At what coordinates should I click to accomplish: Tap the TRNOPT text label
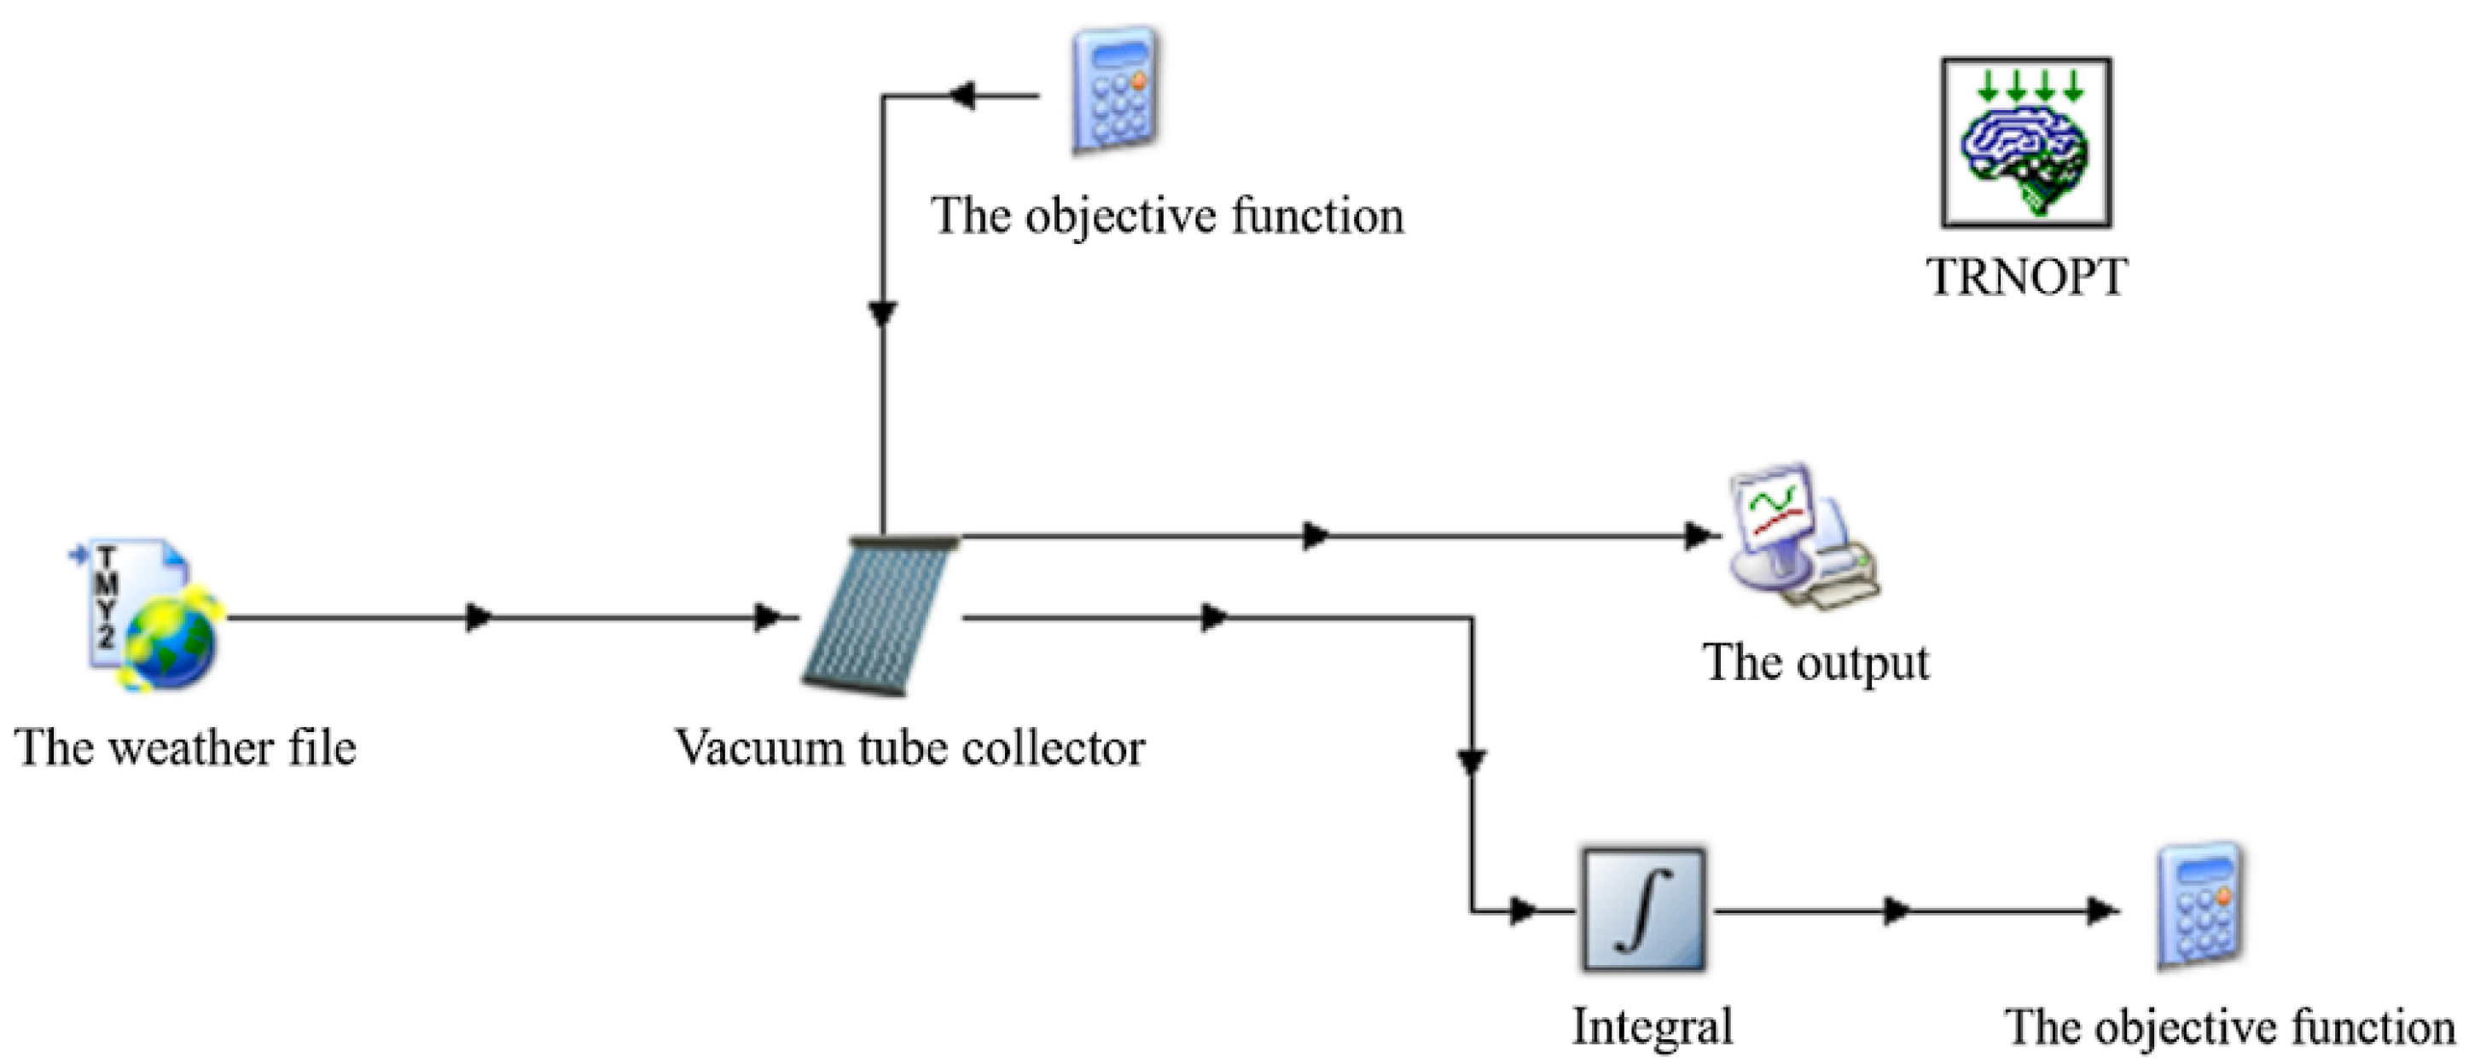pos(2026,278)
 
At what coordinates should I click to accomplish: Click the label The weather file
pos(185,747)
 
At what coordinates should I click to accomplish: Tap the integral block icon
pos(1643,910)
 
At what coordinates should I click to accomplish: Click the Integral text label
pos(1653,1026)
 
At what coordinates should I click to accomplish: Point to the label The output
pos(1815,663)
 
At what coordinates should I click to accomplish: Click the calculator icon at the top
pos(1113,91)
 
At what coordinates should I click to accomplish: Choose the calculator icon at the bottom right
pos(2200,906)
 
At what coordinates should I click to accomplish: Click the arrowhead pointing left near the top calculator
pos(961,96)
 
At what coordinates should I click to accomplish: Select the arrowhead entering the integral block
pos(1522,910)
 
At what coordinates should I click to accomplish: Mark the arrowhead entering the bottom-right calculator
pos(2103,910)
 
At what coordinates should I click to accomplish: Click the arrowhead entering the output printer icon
pos(1699,535)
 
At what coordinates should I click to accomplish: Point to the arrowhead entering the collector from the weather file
pos(768,617)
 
